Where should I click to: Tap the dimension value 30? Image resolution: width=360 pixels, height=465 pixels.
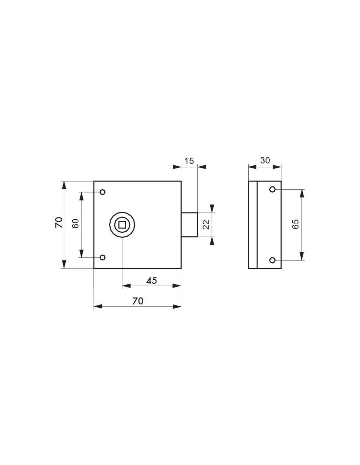pyautogui.click(x=265, y=160)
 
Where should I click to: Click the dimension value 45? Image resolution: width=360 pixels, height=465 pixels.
pyautogui.click(x=152, y=280)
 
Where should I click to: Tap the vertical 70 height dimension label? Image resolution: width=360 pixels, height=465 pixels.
pyautogui.click(x=59, y=223)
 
